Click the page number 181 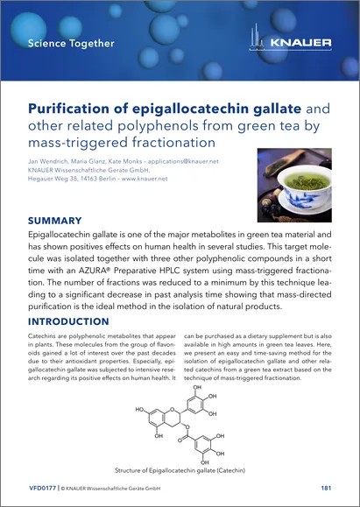325,487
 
